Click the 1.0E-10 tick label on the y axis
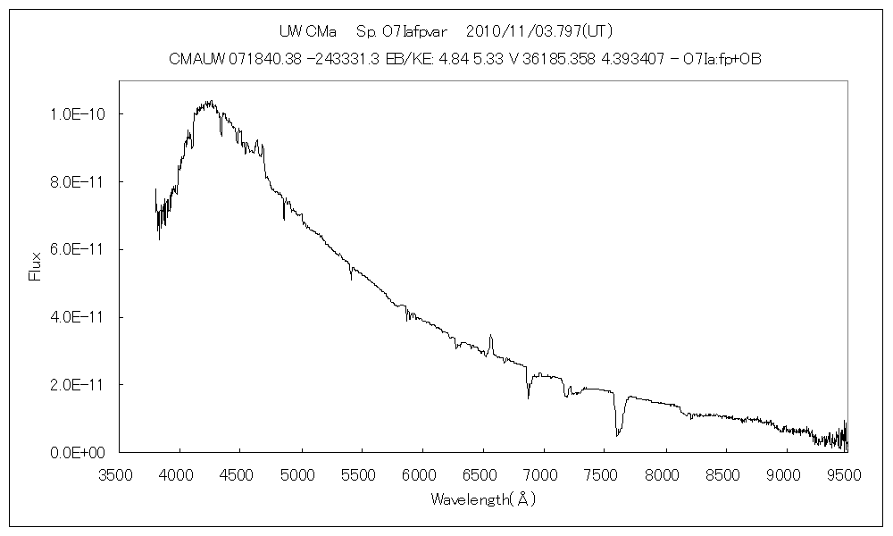pyautogui.click(x=79, y=114)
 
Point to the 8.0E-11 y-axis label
pyautogui.click(x=79, y=182)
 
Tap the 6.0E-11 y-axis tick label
pyautogui.click(x=79, y=249)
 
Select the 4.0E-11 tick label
pyautogui.click(x=79, y=317)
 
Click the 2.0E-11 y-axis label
pyautogui.click(x=79, y=385)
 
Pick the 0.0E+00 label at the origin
pyautogui.click(x=79, y=453)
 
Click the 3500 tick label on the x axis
pyautogui.click(x=119, y=473)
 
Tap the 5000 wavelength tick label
pyautogui.click(x=301, y=473)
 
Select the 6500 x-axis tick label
pyautogui.click(x=483, y=473)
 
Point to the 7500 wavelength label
pyautogui.click(x=604, y=473)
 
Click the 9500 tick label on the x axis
pyautogui.click(x=846, y=473)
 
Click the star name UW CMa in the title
pyautogui.click(x=307, y=31)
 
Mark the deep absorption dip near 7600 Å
pyautogui.click(x=617, y=433)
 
